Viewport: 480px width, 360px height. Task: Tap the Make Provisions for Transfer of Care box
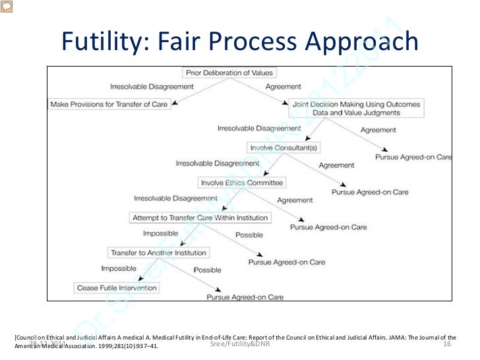pos(109,104)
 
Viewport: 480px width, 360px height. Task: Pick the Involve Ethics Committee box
pos(241,182)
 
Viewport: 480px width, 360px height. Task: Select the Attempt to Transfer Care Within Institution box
pos(200,218)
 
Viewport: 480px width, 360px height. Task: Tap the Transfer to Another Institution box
pos(158,253)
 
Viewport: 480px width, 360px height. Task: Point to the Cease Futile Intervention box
pos(113,287)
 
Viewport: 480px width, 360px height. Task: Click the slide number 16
pos(446,344)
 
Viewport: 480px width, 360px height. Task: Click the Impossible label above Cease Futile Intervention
pos(119,268)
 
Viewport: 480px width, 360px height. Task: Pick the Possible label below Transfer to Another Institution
pos(207,270)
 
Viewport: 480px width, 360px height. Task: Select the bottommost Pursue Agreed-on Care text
pos(245,297)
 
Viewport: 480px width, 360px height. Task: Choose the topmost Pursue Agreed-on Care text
pos(413,158)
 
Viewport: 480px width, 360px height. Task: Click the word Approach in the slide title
pos(361,42)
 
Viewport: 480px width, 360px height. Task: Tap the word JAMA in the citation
pos(378,338)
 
